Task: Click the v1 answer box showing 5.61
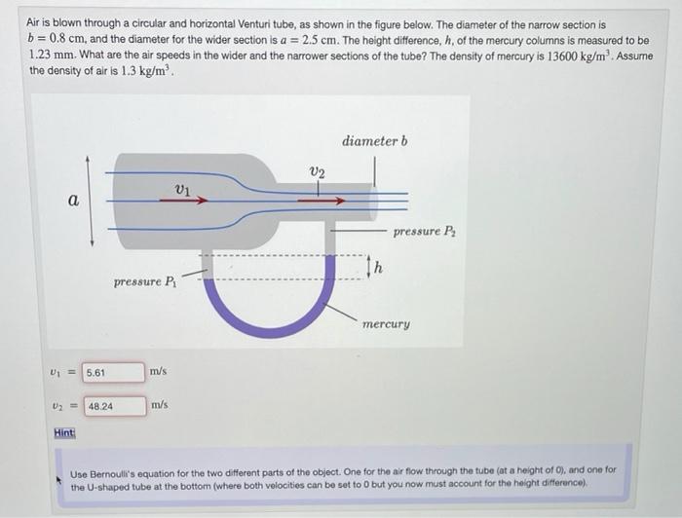click(112, 372)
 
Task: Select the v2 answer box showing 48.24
click(112, 405)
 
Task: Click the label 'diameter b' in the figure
click(375, 141)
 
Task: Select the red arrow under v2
click(322, 202)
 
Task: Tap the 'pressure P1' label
click(145, 282)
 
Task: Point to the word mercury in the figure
click(386, 322)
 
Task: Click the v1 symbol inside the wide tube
click(182, 188)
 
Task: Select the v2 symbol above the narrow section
click(317, 172)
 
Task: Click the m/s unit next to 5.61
click(159, 371)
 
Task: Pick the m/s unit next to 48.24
click(159, 404)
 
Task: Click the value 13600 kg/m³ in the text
click(539, 55)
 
